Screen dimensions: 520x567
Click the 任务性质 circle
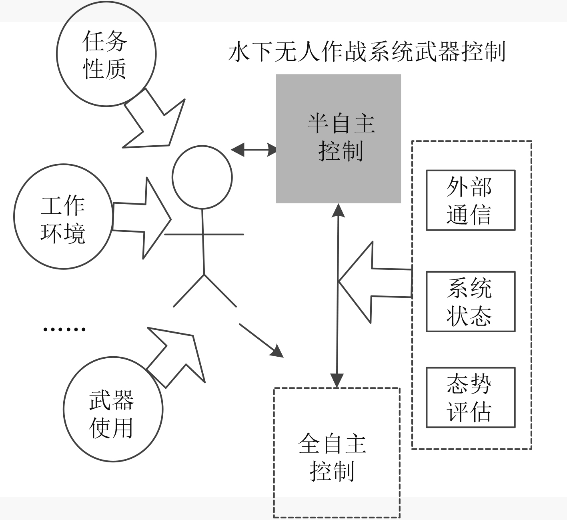tap(106, 54)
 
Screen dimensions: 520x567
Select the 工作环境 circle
tap(63, 217)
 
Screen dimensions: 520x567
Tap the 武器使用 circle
tap(112, 409)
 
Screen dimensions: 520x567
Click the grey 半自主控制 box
tap(338, 138)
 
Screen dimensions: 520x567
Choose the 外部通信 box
tap(470, 200)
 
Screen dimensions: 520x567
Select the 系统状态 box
tap(470, 301)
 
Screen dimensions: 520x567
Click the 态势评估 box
tap(470, 398)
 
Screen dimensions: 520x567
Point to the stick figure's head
tap(202, 177)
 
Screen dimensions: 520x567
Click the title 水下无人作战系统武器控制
tap(367, 52)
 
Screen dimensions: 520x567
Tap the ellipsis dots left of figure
tap(64, 329)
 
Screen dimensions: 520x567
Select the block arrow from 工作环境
tap(142, 218)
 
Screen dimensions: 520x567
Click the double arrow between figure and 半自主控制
tap(254, 150)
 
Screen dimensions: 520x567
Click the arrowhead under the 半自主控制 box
tap(339, 210)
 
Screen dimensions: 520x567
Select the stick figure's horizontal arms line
tap(204, 234)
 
